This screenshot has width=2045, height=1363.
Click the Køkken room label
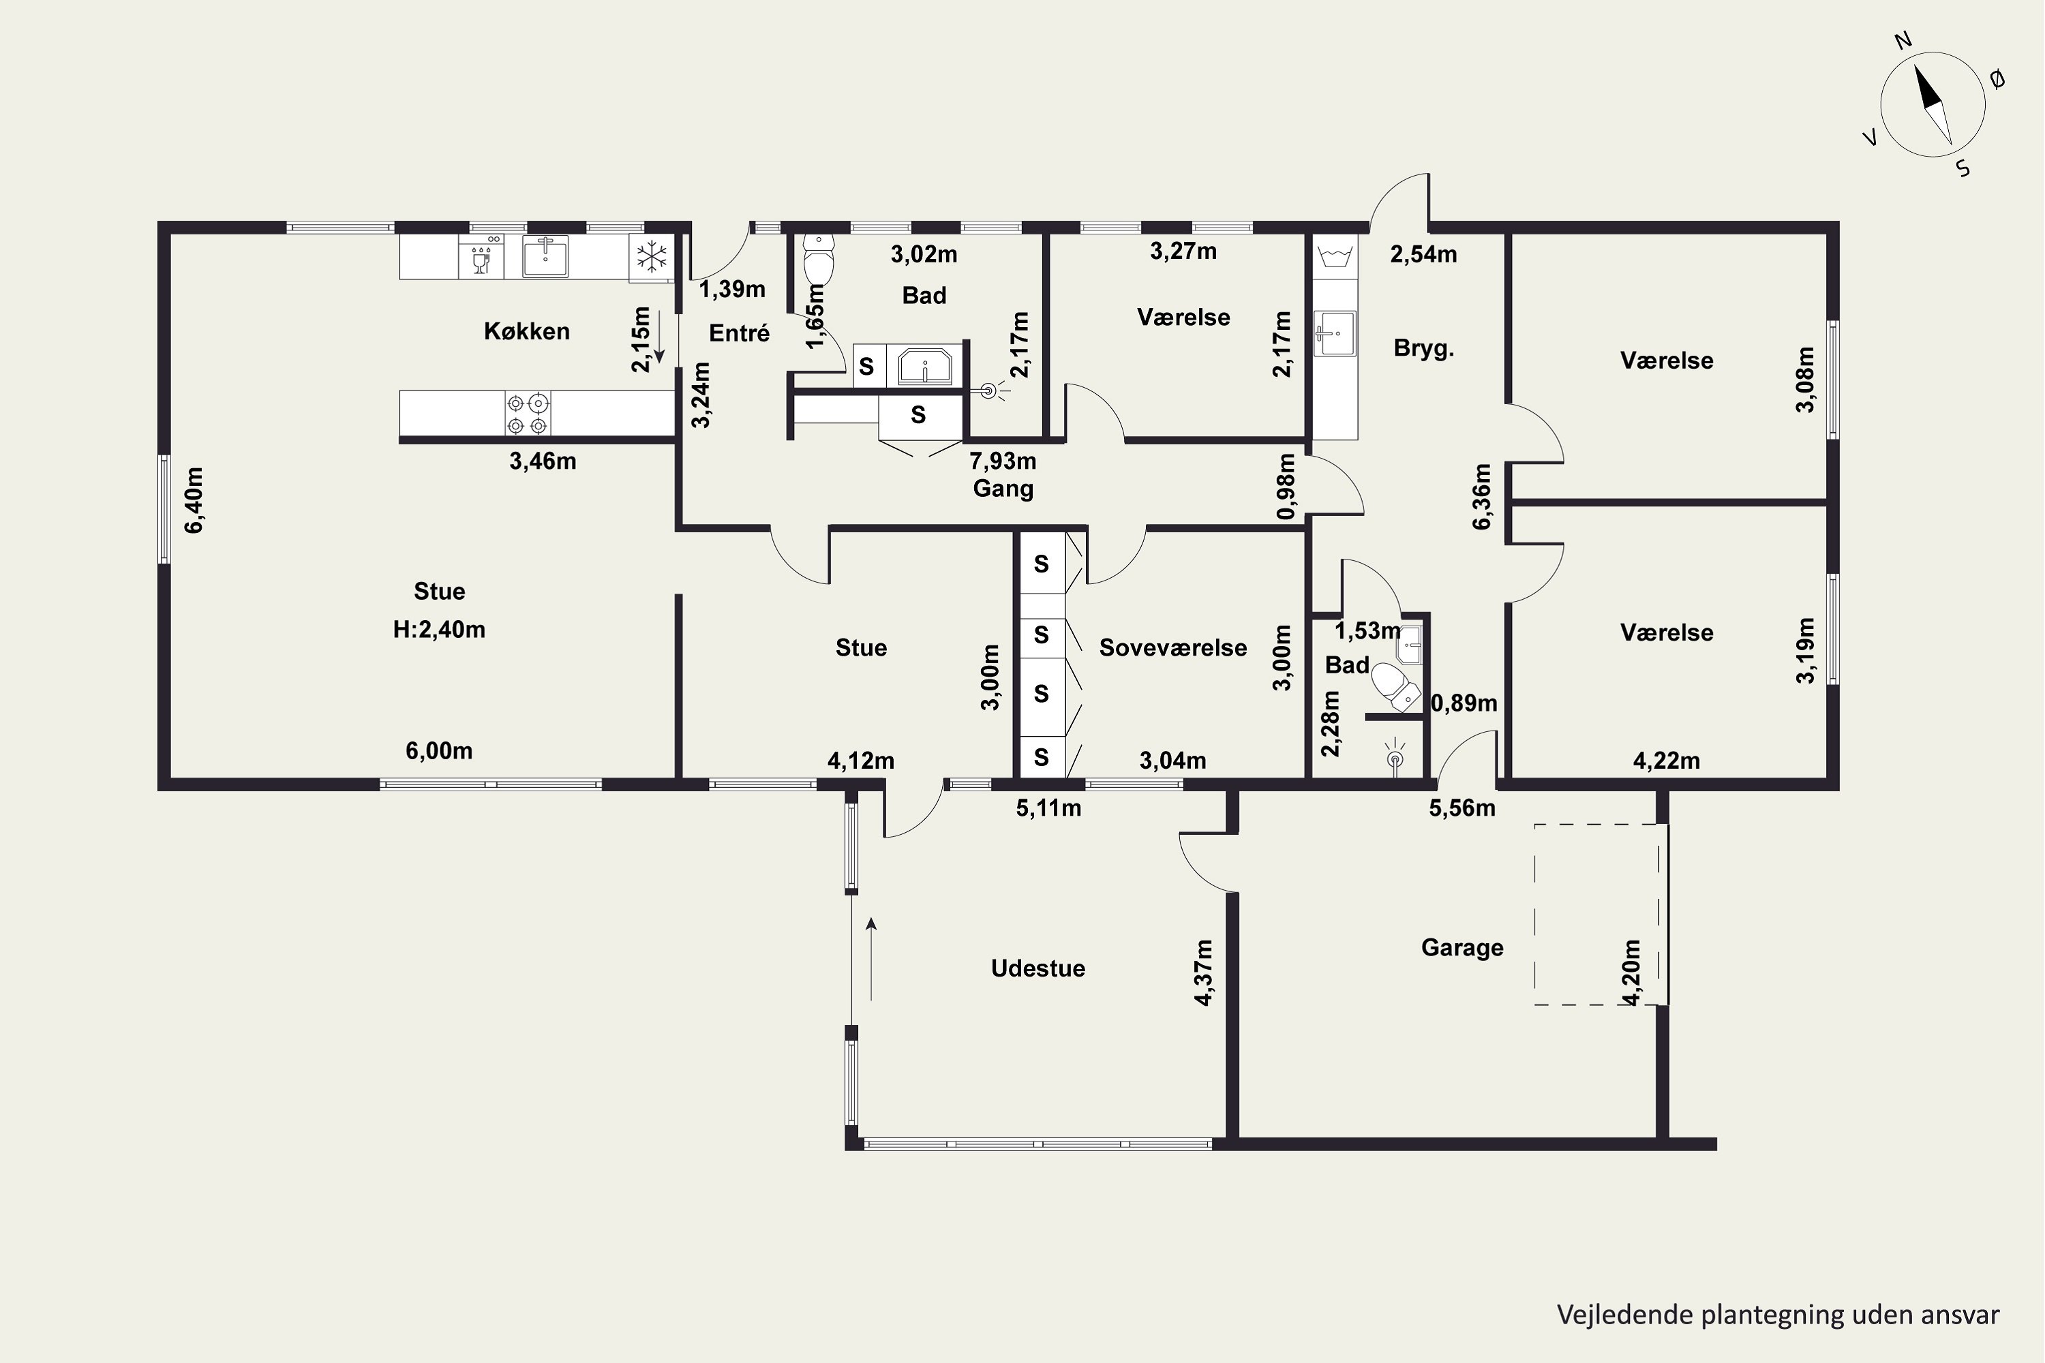click(527, 331)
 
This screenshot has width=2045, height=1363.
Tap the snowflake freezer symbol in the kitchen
click(651, 258)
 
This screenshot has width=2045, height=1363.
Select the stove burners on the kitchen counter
click(528, 414)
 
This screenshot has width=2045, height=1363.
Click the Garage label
click(1462, 947)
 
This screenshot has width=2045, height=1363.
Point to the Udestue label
click(1038, 968)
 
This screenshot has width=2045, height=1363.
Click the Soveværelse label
click(1173, 647)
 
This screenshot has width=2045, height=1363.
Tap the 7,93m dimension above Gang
click(1003, 461)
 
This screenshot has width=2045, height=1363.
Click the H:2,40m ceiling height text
click(439, 629)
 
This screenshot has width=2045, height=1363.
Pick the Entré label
click(739, 333)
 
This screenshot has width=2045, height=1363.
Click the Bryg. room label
click(1424, 348)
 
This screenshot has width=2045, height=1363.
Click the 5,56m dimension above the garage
click(1462, 808)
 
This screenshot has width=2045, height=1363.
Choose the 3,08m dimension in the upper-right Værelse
click(1806, 379)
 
